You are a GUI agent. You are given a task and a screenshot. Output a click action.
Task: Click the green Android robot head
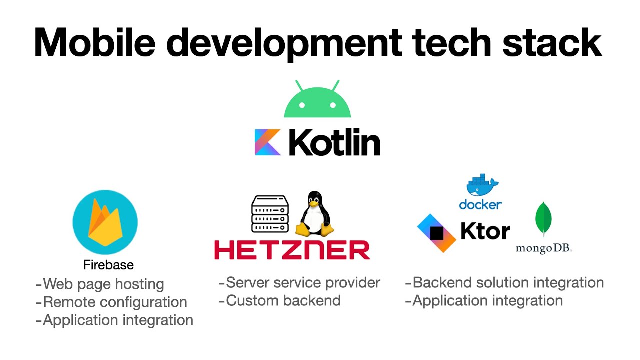(317, 101)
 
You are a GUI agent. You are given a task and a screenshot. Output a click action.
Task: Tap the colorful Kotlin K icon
(267, 142)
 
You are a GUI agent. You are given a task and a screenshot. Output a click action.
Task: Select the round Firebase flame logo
(105, 223)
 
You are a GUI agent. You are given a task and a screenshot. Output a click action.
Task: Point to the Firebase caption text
(108, 265)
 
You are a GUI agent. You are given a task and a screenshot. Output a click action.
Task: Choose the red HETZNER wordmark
(292, 250)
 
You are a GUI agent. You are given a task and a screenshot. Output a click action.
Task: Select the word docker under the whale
(480, 204)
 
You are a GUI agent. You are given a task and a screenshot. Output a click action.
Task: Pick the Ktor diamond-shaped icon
(436, 233)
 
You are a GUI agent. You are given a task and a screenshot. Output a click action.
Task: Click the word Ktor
(485, 231)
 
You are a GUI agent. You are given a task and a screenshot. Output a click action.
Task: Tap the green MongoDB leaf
(543, 220)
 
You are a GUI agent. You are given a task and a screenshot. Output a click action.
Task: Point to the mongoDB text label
(544, 248)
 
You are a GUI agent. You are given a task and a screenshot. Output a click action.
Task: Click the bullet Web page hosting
(100, 284)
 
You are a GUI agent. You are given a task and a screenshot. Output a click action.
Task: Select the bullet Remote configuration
(111, 302)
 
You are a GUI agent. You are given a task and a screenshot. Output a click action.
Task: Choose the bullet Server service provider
(299, 283)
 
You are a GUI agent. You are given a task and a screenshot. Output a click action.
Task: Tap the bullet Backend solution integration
(504, 283)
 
